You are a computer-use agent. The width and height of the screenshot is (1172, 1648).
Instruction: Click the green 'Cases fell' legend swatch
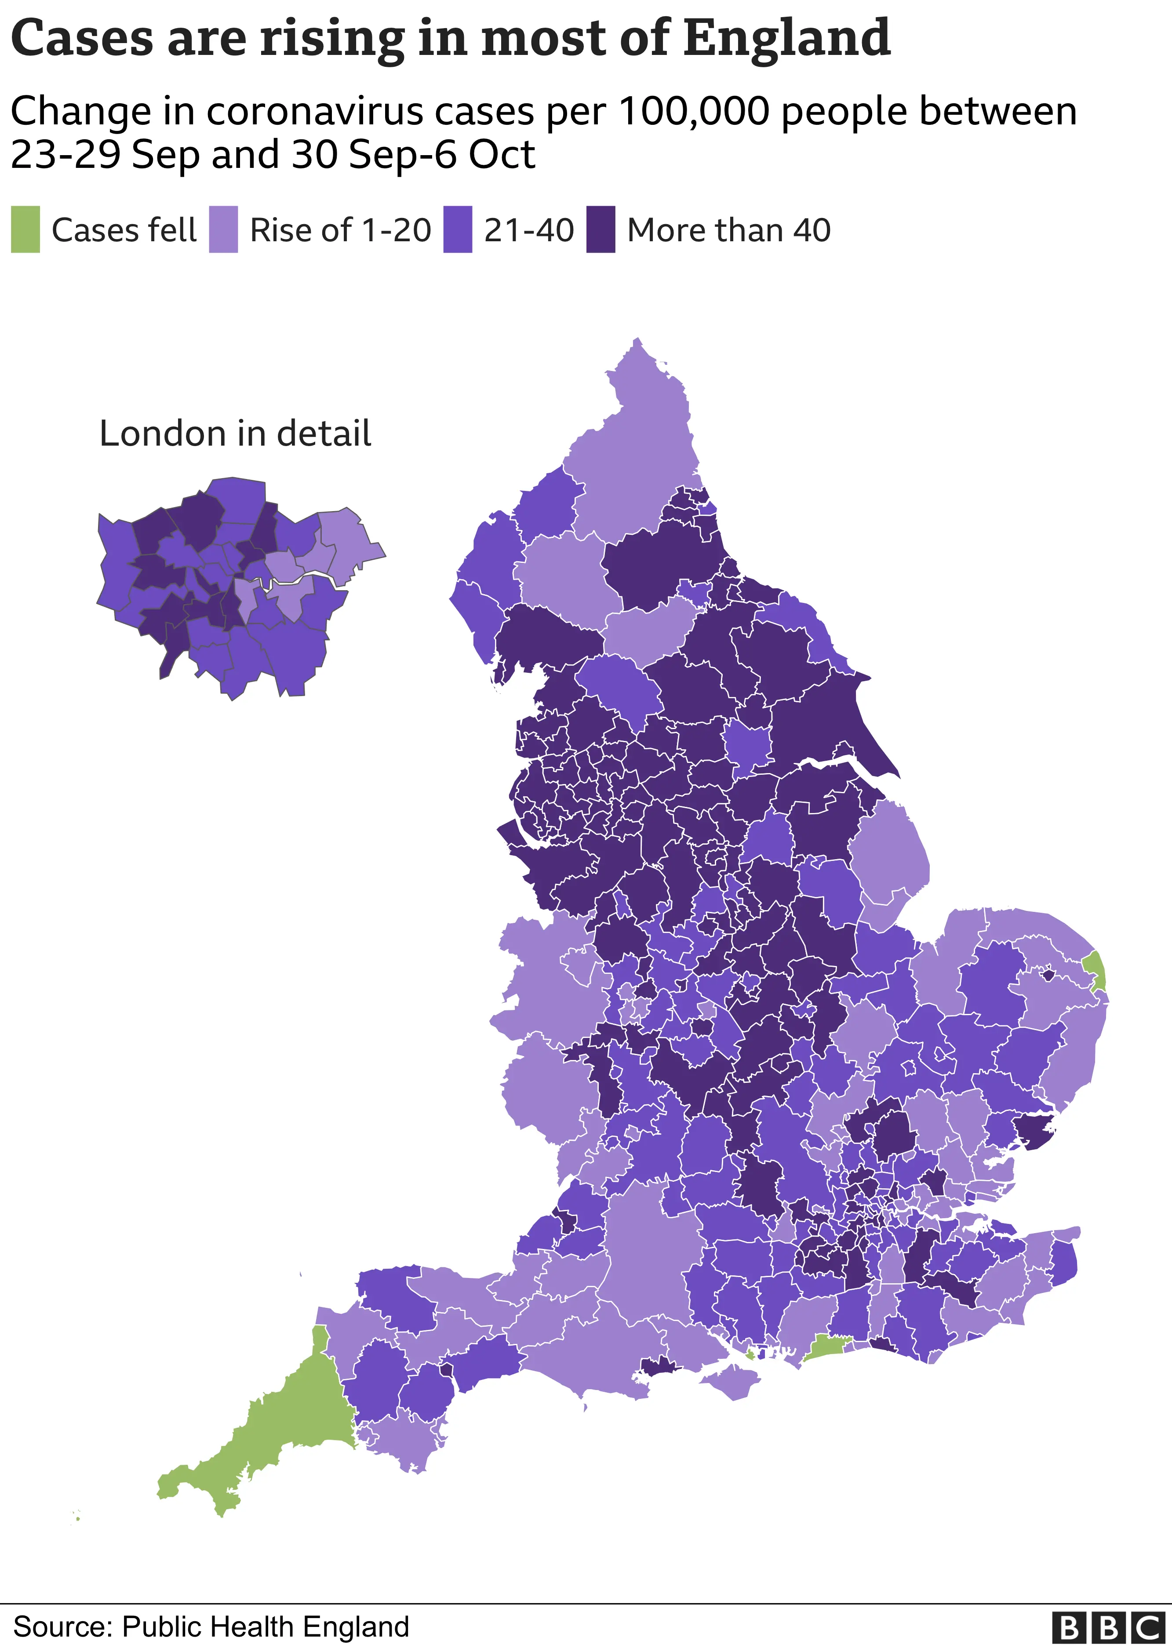(x=25, y=229)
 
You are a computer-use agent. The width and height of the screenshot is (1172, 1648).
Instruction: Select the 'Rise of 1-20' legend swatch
(x=223, y=229)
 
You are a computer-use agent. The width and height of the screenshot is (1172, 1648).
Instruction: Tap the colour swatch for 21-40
(x=458, y=229)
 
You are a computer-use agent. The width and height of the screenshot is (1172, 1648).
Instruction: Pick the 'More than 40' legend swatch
(x=601, y=229)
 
